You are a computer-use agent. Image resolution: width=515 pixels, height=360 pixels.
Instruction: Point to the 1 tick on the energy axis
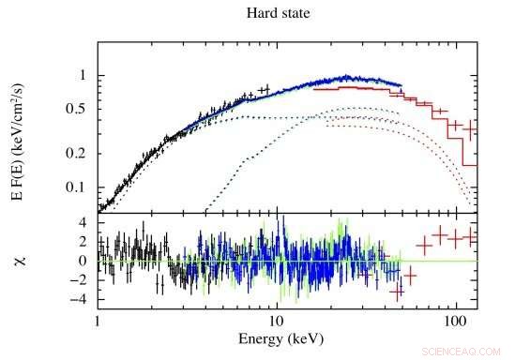pyautogui.click(x=98, y=320)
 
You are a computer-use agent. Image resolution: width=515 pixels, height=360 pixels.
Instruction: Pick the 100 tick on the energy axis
pyautogui.click(x=455, y=320)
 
